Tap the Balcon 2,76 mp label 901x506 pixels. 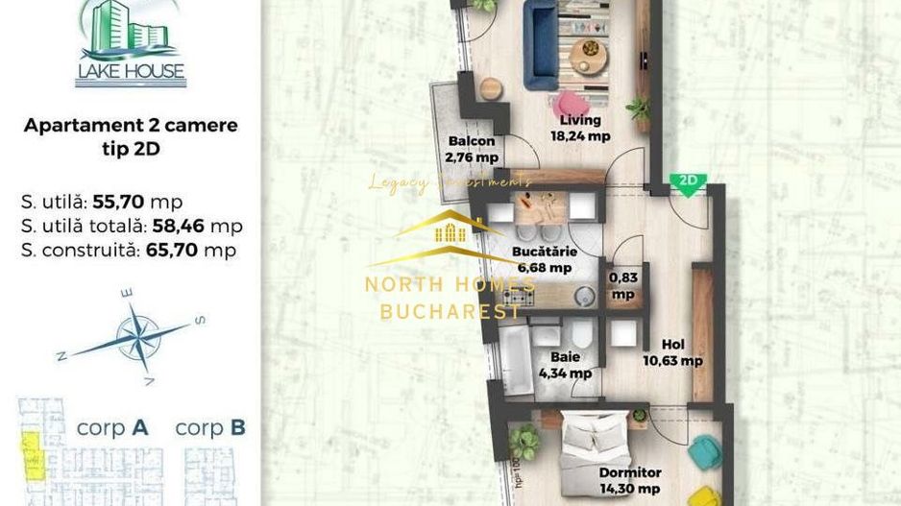coord(471,149)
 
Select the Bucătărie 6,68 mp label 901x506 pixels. coord(545,259)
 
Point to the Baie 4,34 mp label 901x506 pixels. coord(565,366)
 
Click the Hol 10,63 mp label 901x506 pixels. coord(672,353)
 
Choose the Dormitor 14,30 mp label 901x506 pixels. coord(630,481)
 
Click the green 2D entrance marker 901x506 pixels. coord(688,182)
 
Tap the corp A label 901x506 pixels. coord(111,428)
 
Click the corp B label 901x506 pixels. coord(210,428)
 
